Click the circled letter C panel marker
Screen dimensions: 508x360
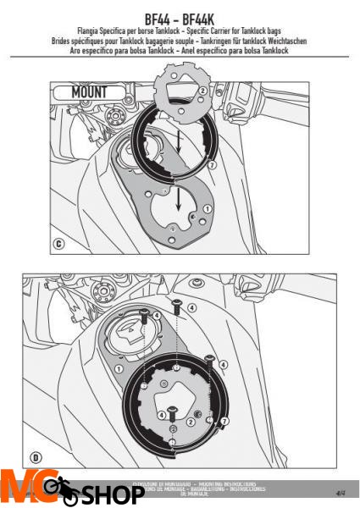point(58,246)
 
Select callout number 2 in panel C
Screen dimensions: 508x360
point(202,90)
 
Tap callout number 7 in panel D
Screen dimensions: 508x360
point(224,421)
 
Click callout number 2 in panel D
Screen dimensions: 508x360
point(192,421)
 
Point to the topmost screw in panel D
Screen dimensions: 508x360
point(176,306)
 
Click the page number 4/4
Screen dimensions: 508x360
point(341,491)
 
